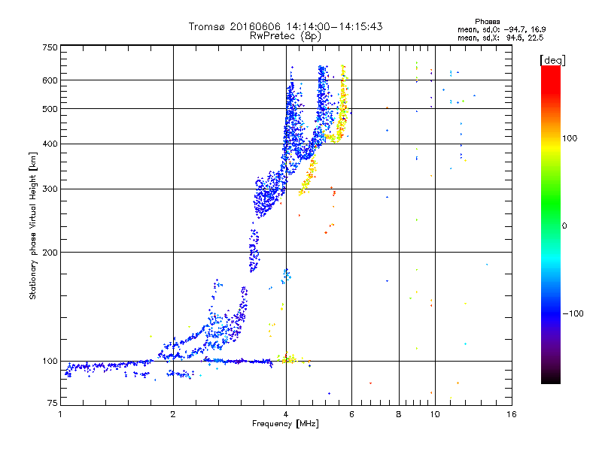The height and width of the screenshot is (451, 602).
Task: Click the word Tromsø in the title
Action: coord(208,26)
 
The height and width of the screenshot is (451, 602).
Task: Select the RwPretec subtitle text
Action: coord(270,35)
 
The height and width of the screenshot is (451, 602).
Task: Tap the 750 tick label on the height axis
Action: coord(50,47)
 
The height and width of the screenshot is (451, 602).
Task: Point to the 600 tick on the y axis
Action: coord(50,80)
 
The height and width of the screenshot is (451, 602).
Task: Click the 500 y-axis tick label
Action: coord(50,109)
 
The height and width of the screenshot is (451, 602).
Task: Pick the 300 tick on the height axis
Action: coord(50,189)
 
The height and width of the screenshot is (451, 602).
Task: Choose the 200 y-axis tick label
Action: coord(50,253)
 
